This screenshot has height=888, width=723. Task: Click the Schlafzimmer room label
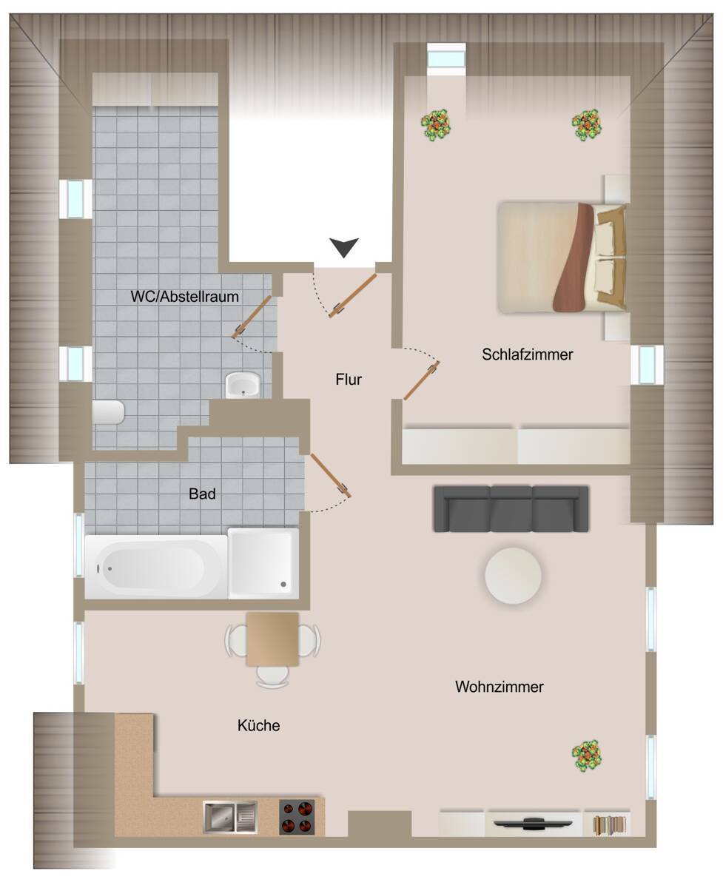(528, 354)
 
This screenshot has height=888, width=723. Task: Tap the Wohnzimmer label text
(499, 687)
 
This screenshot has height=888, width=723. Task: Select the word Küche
(259, 726)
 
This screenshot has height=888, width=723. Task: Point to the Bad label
(202, 494)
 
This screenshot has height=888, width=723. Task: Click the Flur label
(349, 380)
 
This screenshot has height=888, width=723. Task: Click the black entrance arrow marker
(344, 247)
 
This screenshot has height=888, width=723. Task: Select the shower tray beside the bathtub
(263, 562)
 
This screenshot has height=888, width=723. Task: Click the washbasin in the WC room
(243, 385)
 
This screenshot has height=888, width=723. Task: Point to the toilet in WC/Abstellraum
(110, 412)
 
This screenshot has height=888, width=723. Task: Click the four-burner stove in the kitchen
(297, 817)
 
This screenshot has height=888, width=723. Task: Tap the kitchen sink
(230, 817)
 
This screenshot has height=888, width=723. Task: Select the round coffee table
(513, 576)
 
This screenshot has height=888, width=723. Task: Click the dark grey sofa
(511, 509)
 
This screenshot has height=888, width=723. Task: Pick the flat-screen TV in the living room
(534, 822)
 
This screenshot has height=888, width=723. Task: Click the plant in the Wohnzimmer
(587, 755)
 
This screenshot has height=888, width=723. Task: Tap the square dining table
(272, 639)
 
